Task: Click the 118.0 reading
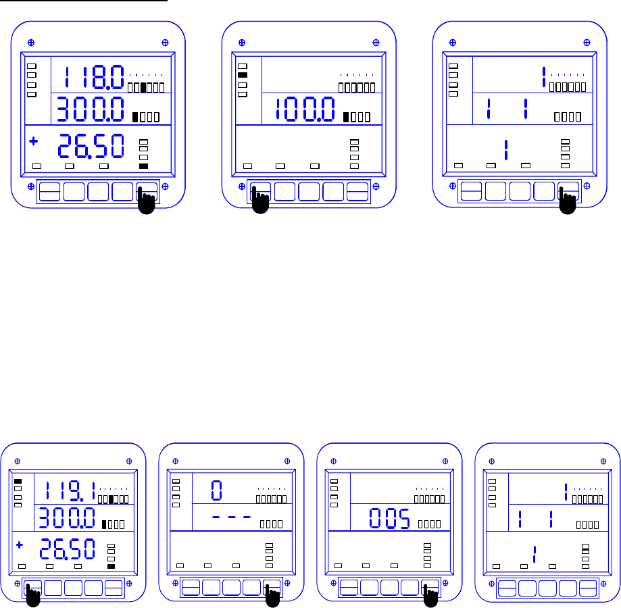tap(94, 77)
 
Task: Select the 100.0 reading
tap(305, 110)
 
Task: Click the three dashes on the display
tap(232, 517)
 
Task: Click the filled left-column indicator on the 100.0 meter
tap(243, 76)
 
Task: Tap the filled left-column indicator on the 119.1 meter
tap(18, 481)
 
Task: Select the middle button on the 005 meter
tap(389, 587)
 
